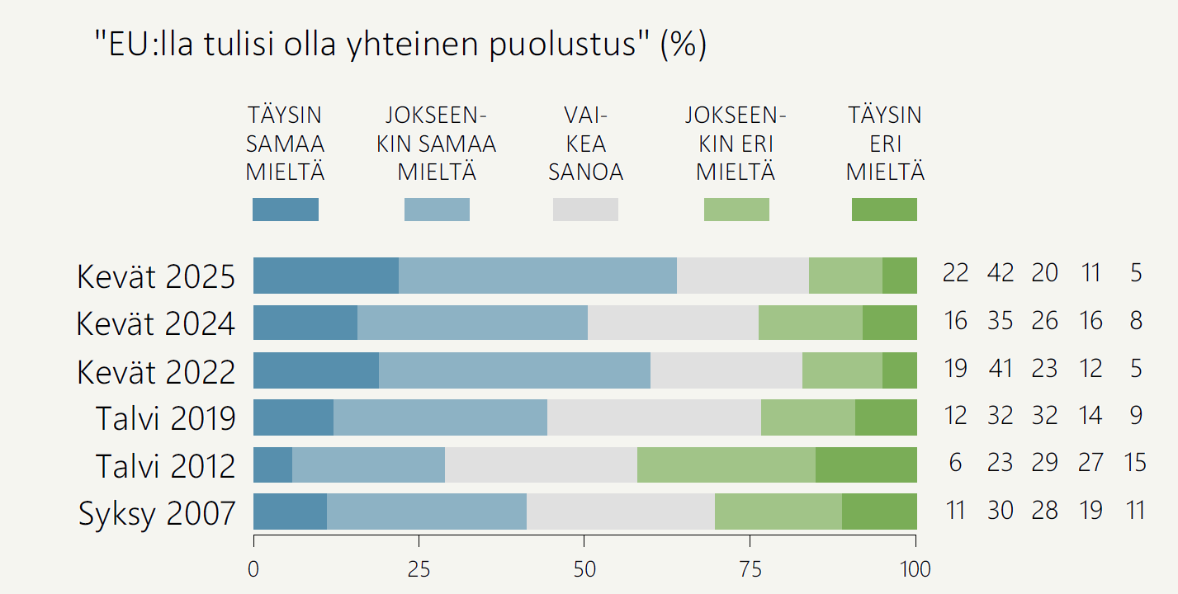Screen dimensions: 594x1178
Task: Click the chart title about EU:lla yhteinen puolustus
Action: (x=400, y=46)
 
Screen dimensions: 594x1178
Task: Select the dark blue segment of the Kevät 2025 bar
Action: (x=326, y=276)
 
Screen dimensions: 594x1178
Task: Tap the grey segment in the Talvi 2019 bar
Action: (x=654, y=417)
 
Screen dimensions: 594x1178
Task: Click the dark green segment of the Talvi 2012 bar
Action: (x=866, y=464)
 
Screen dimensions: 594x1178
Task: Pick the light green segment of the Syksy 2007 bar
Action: (x=778, y=511)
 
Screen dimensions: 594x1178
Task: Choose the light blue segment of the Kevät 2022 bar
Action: (x=514, y=370)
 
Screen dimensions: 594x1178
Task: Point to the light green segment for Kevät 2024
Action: (x=810, y=323)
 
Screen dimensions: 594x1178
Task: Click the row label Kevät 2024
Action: (x=155, y=323)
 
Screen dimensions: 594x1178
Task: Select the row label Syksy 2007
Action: (x=157, y=513)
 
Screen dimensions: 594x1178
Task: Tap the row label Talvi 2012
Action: (x=165, y=466)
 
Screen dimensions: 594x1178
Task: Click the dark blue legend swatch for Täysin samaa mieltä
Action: (x=286, y=210)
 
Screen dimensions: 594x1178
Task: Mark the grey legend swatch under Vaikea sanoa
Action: (x=585, y=210)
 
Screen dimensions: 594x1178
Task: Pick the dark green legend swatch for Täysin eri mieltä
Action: (x=884, y=210)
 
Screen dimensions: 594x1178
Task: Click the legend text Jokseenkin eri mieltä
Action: (x=736, y=144)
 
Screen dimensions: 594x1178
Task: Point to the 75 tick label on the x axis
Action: (x=750, y=569)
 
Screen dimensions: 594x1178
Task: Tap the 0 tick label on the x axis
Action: (x=253, y=569)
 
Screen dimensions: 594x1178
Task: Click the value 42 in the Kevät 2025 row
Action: (x=1000, y=273)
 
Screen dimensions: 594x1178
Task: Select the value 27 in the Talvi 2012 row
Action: (x=1090, y=463)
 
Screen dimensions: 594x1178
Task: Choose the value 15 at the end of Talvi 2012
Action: (x=1135, y=463)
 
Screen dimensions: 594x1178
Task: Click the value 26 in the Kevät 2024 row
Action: (x=1044, y=320)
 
